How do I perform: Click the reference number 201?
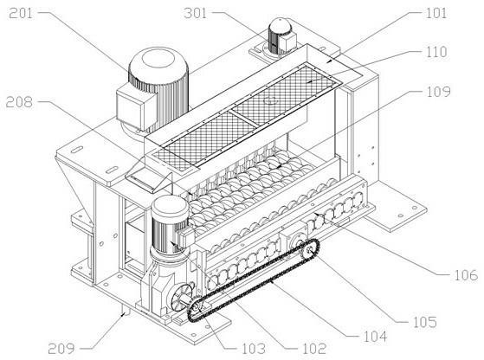click(x=21, y=14)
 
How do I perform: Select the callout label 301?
click(x=195, y=14)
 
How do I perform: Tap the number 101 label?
click(x=436, y=14)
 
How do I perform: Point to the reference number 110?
click(x=436, y=52)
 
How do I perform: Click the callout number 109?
click(x=439, y=92)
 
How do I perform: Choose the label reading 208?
click(x=19, y=102)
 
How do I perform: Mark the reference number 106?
click(x=466, y=275)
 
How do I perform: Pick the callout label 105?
click(x=425, y=322)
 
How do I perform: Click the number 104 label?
click(x=375, y=337)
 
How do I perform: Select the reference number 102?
click(x=314, y=349)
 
